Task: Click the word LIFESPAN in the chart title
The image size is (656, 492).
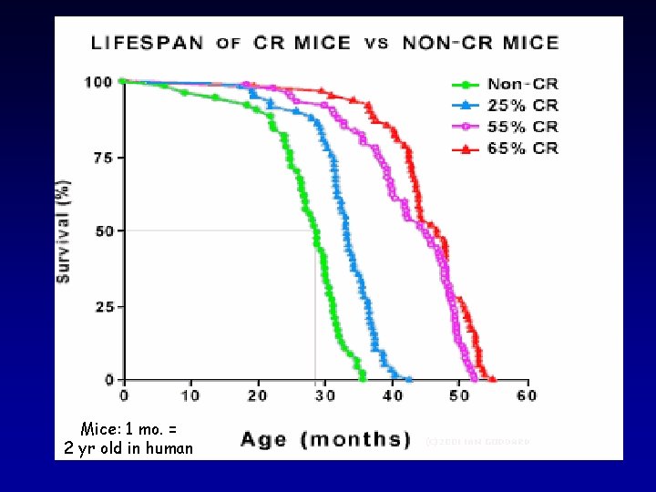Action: pos(148,43)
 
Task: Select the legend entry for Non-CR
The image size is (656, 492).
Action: pos(523,85)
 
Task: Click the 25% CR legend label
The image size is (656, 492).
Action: pos(523,106)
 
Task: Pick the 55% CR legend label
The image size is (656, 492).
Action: pos(523,127)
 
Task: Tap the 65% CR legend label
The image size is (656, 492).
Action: pos(523,148)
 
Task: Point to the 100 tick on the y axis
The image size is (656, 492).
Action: pos(98,83)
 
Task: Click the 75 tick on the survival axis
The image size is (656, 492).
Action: pos(103,158)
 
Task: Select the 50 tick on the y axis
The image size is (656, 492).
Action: pos(103,231)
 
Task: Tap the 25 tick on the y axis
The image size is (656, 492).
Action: pos(103,306)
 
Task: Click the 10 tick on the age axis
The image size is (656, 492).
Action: pos(190,396)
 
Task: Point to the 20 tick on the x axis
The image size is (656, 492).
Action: pos(258,396)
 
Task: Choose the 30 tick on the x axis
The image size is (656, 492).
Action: pos(325,396)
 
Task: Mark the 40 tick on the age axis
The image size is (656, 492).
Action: pos(393,396)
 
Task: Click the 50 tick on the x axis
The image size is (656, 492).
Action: pos(460,396)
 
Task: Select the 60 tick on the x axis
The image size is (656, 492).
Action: pos(527,396)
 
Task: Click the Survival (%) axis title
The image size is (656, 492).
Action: pos(65,231)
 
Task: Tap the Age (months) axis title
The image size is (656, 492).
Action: pos(325,439)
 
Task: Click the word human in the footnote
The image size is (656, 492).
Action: pos(167,447)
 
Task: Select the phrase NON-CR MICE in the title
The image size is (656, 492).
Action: pos(480,43)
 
